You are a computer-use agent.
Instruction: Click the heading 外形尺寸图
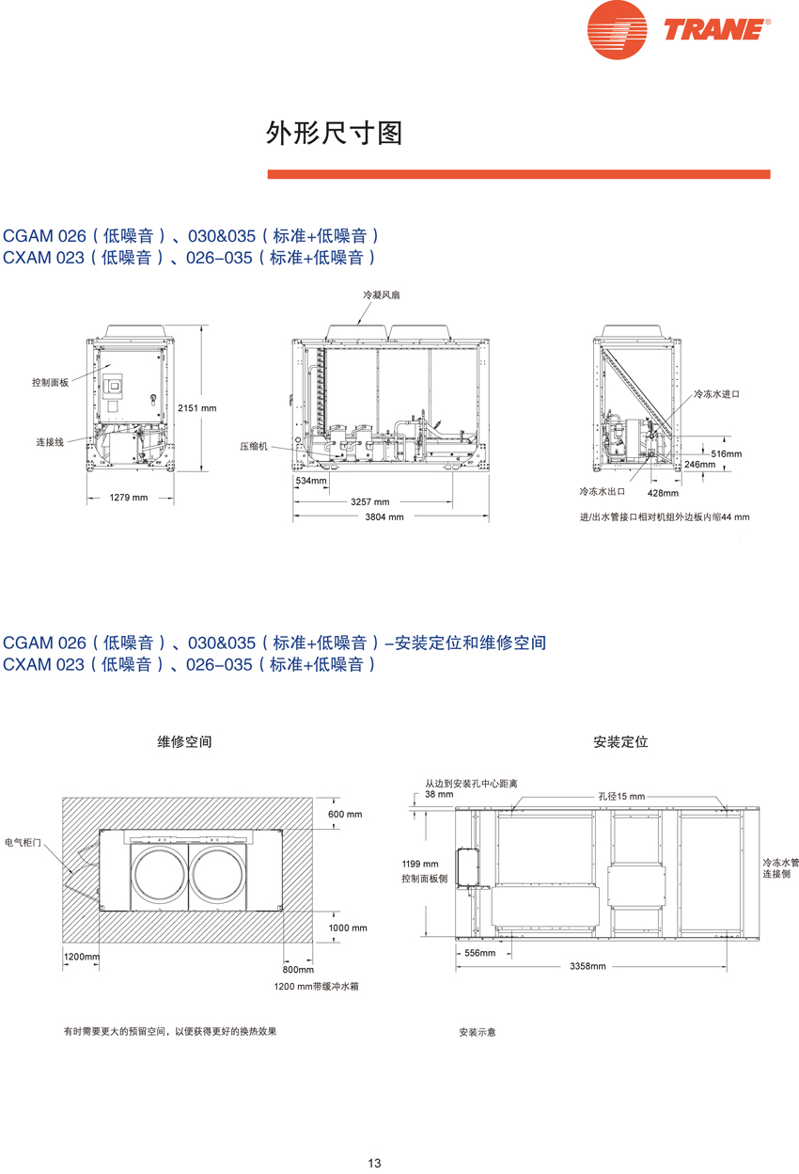pos(335,134)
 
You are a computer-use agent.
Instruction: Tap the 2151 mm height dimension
pos(196,407)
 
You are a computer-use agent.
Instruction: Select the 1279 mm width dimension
pos(129,497)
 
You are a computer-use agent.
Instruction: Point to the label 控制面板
pos(51,383)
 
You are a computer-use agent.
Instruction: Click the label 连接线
pos(50,441)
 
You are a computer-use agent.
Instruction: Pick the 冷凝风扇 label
pos(382,294)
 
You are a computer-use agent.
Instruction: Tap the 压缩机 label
pos(253,446)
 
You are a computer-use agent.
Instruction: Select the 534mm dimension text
pos(311,481)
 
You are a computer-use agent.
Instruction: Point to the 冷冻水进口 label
pos(717,393)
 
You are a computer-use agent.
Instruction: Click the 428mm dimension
pos(663,492)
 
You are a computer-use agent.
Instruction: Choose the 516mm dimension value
pos(727,453)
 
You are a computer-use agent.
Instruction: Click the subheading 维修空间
pos(184,741)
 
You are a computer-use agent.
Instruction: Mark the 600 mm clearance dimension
pos(344,814)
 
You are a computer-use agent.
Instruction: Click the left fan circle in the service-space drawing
pos(158,871)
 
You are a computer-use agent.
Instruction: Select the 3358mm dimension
pos(587,966)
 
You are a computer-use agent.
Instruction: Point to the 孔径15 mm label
pos(622,797)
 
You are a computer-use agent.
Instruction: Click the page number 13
pos(374,1163)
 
